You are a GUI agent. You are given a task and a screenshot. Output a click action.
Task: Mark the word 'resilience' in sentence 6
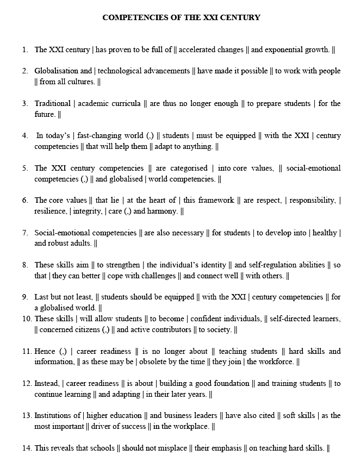49,211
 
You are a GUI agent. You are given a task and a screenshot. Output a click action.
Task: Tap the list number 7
25,233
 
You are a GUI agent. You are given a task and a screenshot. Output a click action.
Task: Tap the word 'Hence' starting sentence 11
45,351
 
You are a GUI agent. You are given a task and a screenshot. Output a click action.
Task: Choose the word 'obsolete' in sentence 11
159,361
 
